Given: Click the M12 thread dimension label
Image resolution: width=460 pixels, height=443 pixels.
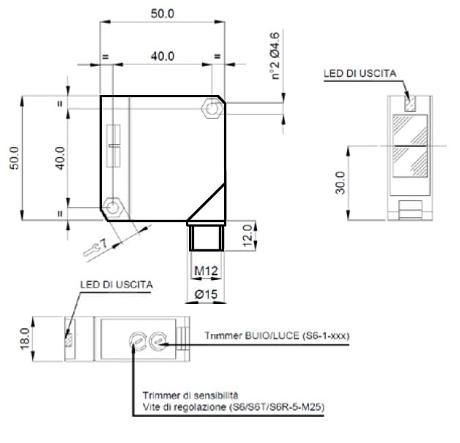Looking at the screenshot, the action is [207, 270].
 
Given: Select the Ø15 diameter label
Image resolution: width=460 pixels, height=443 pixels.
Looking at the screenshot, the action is [207, 294].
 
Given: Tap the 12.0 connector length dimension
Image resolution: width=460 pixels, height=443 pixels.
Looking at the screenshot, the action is [248, 235].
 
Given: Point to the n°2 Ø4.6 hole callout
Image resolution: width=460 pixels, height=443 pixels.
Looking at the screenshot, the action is [275, 56].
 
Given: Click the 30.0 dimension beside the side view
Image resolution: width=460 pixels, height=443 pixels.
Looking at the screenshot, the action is [341, 183].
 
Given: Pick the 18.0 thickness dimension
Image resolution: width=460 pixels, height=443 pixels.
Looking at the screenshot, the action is [25, 338].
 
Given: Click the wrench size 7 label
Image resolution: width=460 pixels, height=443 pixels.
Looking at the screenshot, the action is [103, 243].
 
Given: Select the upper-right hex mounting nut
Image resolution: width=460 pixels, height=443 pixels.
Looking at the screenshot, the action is [212, 108].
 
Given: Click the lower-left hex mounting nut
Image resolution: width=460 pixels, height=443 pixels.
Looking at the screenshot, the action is [113, 208].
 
